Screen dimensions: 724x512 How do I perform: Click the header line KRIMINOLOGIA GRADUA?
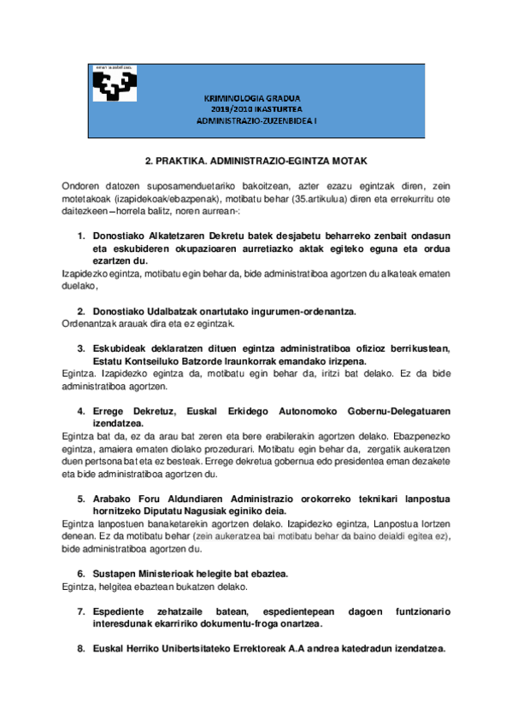256,99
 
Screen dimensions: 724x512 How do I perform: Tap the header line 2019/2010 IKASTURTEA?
256,110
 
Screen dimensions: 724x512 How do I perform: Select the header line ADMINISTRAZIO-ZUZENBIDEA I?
256,121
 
